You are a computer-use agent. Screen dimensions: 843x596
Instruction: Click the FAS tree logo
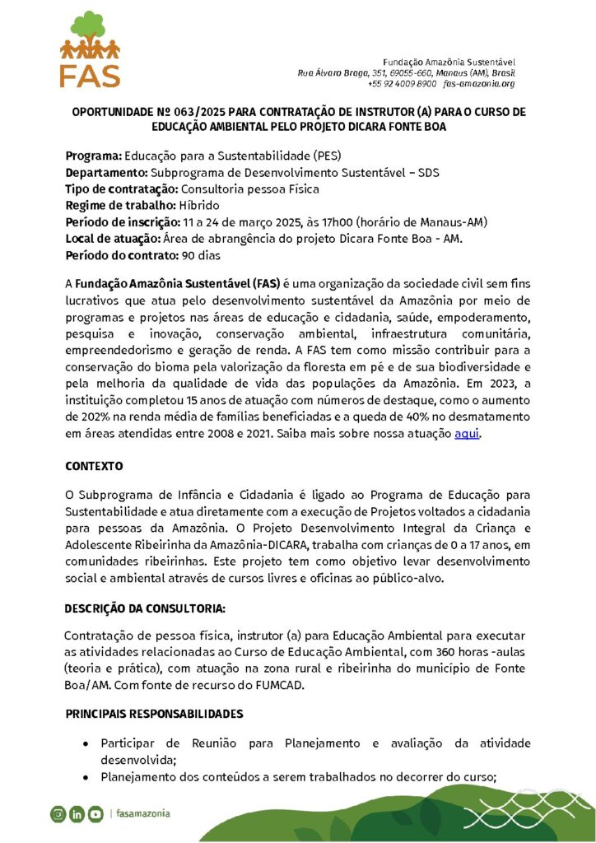[90, 49]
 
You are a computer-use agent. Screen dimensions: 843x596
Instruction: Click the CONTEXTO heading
[95, 466]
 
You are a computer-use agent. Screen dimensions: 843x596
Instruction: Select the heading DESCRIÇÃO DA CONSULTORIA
[145, 609]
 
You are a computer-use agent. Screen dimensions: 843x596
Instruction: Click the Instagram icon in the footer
[58, 814]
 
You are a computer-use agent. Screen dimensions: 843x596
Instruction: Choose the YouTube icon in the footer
[96, 814]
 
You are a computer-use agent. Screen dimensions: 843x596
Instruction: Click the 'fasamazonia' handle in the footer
[142, 813]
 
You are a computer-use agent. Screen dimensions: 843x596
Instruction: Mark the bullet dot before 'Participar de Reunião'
[86, 744]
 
